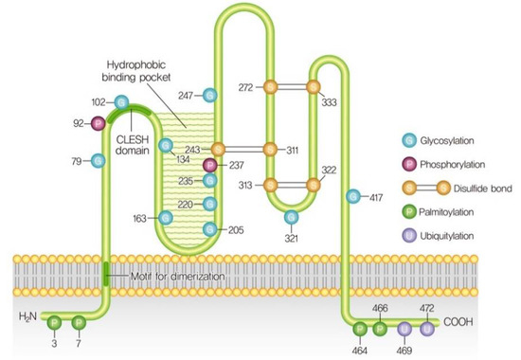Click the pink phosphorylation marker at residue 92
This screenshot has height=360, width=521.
(97, 122)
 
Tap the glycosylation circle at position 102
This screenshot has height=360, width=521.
(121, 101)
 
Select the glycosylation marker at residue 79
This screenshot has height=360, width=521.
(98, 160)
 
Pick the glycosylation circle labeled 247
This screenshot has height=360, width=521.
(210, 95)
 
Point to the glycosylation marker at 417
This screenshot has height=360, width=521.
(352, 197)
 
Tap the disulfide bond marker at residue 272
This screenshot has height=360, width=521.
(270, 87)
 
